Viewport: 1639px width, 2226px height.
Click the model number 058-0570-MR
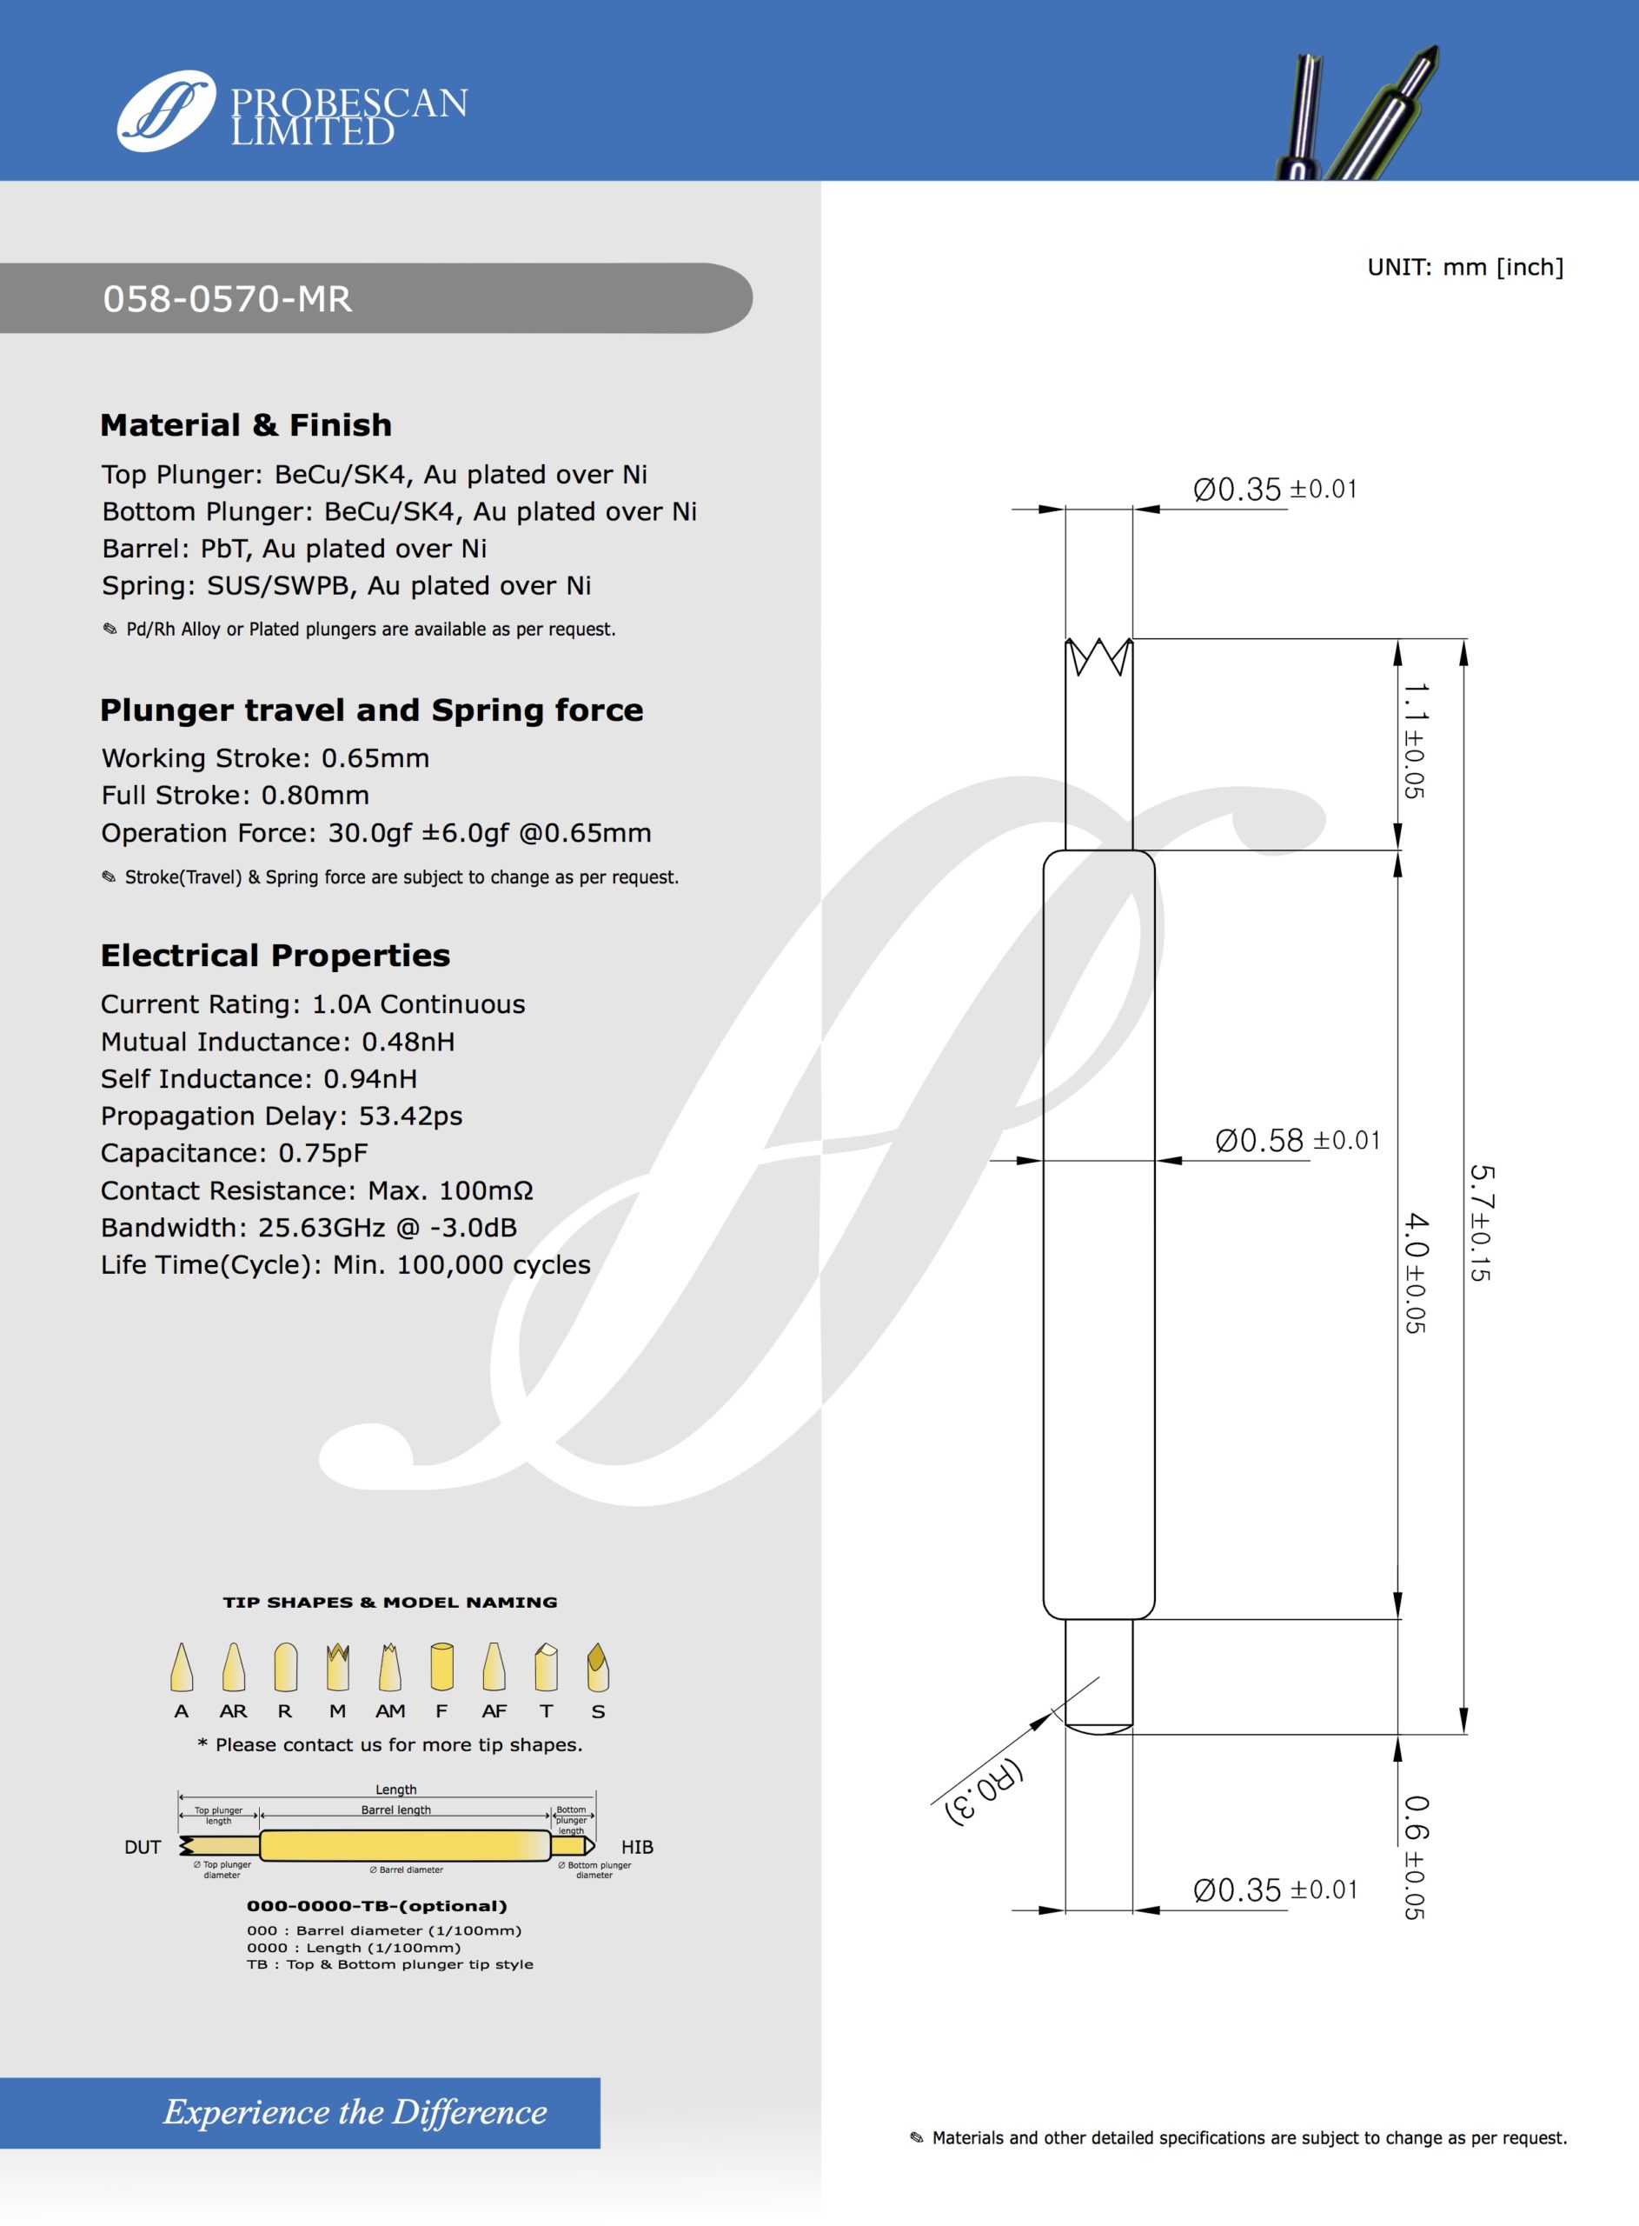tap(227, 299)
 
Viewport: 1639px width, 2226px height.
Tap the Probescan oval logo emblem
tap(166, 110)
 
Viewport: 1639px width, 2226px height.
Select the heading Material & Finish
tap(246, 424)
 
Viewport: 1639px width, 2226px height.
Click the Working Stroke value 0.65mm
tap(375, 758)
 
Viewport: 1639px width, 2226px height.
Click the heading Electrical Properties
tap(275, 955)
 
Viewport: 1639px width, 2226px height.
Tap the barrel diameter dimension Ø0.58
tap(1259, 1140)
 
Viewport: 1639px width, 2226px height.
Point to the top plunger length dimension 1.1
tap(1415, 702)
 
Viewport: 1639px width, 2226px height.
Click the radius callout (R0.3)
tap(985, 1792)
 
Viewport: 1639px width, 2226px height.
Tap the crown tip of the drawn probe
tap(1098, 656)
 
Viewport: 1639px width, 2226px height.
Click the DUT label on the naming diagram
tap(143, 1847)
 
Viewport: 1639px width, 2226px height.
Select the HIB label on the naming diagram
tap(637, 1847)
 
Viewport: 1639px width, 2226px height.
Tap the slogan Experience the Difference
tap(355, 2112)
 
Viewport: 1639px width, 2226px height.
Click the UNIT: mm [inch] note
tap(1464, 267)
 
